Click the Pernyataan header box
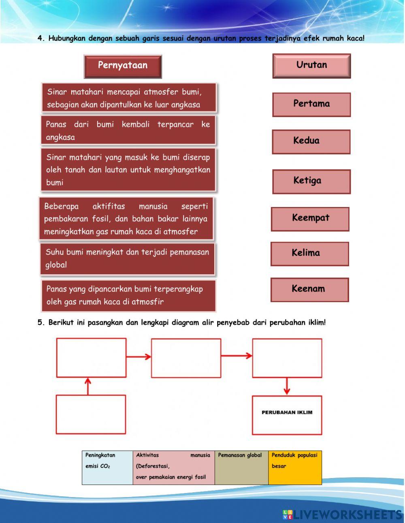click(x=123, y=66)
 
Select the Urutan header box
click(x=311, y=66)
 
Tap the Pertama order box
click(x=311, y=105)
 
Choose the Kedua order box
click(x=311, y=141)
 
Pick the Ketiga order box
click(x=311, y=181)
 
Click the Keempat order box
click(x=310, y=219)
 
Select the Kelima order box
click(x=309, y=254)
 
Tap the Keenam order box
click(x=309, y=290)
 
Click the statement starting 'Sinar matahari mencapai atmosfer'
click(x=129, y=98)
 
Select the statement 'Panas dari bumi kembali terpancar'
click(x=128, y=130)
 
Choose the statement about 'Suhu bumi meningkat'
click(x=128, y=258)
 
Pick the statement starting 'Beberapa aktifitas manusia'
click(x=126, y=219)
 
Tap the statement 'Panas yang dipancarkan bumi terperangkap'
click(x=128, y=295)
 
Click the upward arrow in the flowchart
click(x=88, y=386)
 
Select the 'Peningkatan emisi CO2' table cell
click(x=107, y=467)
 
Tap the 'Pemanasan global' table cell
click(x=241, y=467)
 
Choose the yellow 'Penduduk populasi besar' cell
click(x=295, y=467)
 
